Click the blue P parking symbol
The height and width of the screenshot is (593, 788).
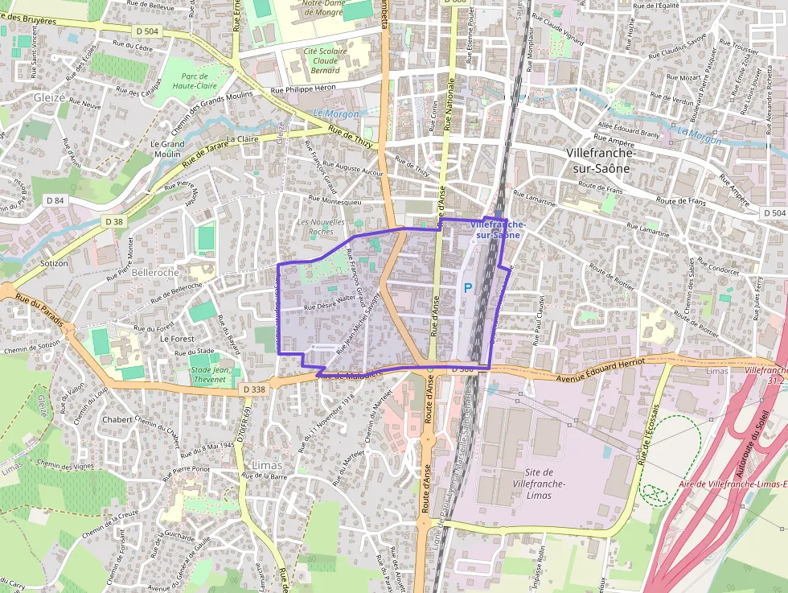(x=467, y=287)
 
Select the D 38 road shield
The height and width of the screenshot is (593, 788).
(x=113, y=221)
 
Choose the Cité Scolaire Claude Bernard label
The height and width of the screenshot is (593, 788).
(x=325, y=60)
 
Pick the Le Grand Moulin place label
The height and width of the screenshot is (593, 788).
(x=167, y=149)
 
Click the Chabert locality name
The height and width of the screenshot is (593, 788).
(x=117, y=419)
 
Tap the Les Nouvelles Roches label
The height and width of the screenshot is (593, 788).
(x=321, y=226)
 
